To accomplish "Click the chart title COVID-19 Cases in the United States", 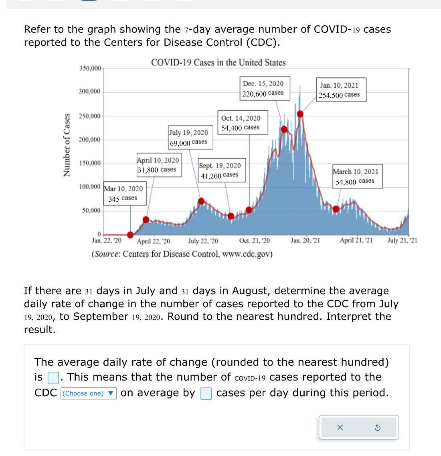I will [x=218, y=63].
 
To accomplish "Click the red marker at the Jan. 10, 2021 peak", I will [x=300, y=114].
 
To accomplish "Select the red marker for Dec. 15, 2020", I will [x=284, y=129].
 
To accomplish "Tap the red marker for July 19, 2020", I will [x=202, y=201].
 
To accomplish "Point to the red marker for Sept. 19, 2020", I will [x=231, y=216].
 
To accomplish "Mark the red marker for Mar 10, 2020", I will [x=130, y=235].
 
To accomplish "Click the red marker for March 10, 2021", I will [x=336, y=209].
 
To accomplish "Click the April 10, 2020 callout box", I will [x=158, y=165].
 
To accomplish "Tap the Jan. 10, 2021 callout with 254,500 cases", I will [x=339, y=90].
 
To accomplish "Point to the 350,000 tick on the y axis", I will [x=90, y=68].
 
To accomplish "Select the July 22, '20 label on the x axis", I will [x=203, y=241].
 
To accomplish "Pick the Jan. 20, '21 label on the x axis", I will [x=305, y=241].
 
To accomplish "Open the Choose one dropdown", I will [x=89, y=393].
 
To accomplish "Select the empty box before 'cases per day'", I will [x=206, y=393].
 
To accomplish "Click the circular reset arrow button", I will [x=377, y=428].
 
